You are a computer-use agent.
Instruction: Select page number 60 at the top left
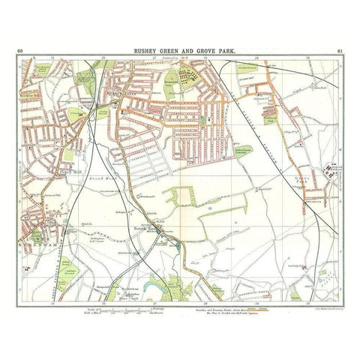coord(19,51)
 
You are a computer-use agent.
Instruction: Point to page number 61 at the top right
coord(340,51)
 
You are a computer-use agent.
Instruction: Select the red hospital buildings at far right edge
coord(328,173)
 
